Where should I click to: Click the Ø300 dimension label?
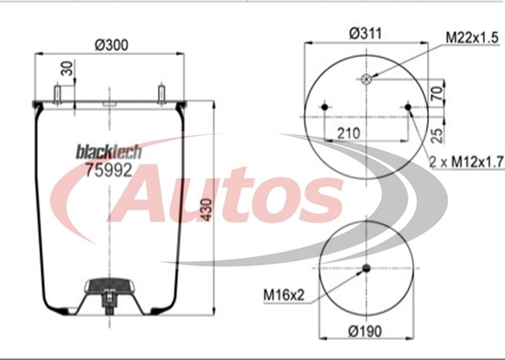(111, 45)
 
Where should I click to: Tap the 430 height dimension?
(207, 210)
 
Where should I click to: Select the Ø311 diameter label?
(365, 33)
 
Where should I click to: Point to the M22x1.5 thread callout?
(472, 38)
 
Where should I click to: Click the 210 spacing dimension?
(349, 133)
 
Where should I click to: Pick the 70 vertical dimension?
(437, 93)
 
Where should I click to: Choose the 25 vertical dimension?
(437, 135)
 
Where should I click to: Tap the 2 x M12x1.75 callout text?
(467, 162)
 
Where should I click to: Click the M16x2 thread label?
(284, 295)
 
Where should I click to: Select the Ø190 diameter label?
(365, 331)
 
